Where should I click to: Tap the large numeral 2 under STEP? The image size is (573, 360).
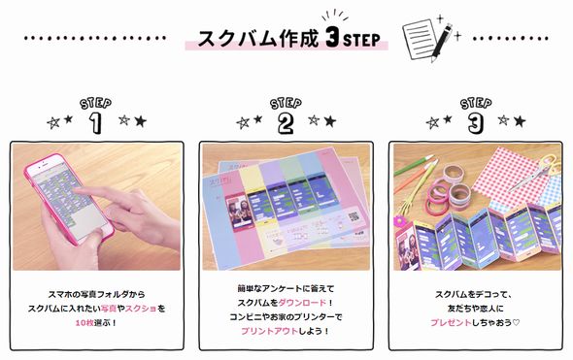pyautogui.click(x=286, y=122)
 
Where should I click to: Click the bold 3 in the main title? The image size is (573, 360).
pyautogui.click(x=333, y=40)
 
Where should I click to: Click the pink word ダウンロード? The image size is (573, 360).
pyautogui.click(x=308, y=303)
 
